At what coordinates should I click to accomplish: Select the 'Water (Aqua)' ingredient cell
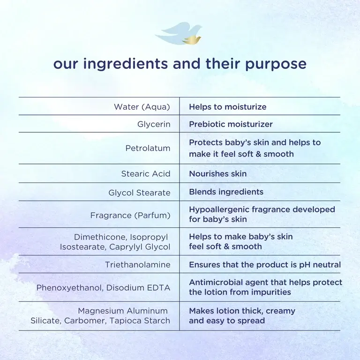click(x=142, y=107)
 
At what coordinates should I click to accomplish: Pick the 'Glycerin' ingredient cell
click(x=154, y=125)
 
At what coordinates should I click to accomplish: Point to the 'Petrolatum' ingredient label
click(x=148, y=148)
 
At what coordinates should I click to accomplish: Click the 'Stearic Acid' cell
click(x=146, y=174)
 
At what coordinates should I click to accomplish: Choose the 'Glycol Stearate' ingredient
click(x=139, y=193)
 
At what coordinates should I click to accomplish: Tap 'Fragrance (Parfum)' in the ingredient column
click(x=130, y=216)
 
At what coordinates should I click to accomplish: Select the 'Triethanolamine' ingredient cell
click(x=138, y=265)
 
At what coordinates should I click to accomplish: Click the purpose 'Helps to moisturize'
click(x=227, y=107)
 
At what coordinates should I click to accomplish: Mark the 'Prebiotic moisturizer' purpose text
click(x=231, y=125)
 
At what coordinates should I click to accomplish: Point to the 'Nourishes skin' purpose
click(x=217, y=174)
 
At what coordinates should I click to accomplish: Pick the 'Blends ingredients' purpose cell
click(x=226, y=192)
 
